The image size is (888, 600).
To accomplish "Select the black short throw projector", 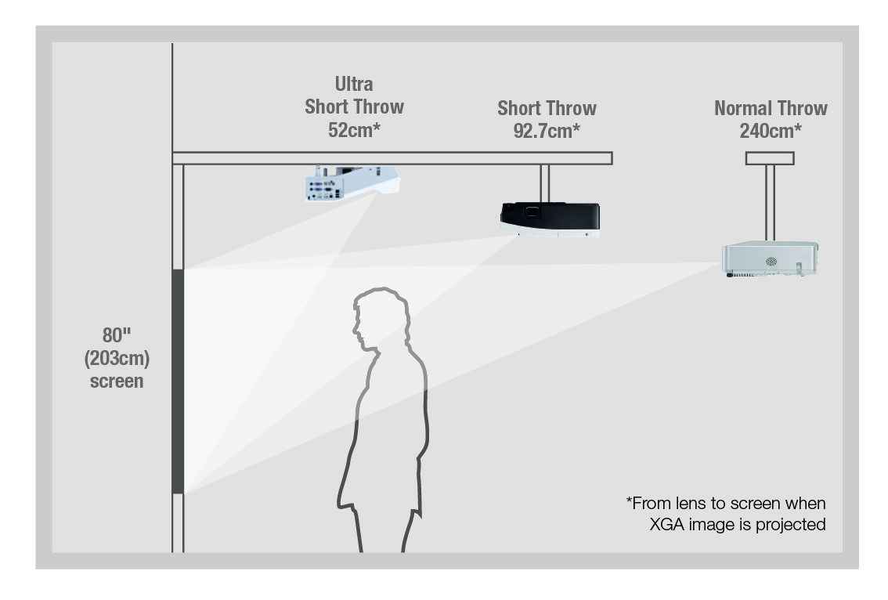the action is pyautogui.click(x=550, y=219).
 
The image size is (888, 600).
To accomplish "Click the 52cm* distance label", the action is pyautogui.click(x=354, y=130).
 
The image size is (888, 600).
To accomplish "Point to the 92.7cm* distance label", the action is pyautogui.click(x=547, y=132).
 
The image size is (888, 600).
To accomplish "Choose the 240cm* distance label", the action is pyautogui.click(x=771, y=132).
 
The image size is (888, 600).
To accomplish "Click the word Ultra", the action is pyautogui.click(x=354, y=85).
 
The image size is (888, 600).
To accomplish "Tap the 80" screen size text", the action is pyautogui.click(x=116, y=335).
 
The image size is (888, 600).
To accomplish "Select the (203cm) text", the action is pyautogui.click(x=117, y=359).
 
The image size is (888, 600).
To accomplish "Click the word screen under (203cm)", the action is pyautogui.click(x=117, y=381).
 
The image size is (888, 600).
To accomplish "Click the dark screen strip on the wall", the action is pyautogui.click(x=178, y=381).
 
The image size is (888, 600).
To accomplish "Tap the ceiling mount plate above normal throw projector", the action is pyautogui.click(x=770, y=158).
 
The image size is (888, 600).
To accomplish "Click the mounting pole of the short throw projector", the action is pyautogui.click(x=545, y=183).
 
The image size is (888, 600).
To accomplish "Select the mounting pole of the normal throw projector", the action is pyautogui.click(x=770, y=203).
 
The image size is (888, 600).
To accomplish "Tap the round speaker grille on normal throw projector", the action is pyautogui.click(x=771, y=261).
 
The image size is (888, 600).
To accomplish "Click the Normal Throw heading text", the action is pyautogui.click(x=771, y=108).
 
